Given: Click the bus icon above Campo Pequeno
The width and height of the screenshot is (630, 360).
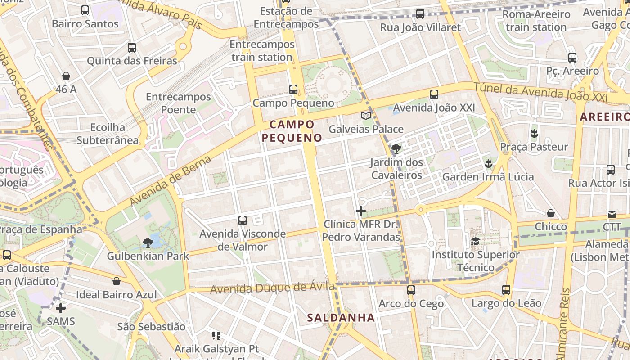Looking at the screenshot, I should [293, 90].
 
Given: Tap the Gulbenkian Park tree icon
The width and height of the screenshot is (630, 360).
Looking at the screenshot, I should [147, 243].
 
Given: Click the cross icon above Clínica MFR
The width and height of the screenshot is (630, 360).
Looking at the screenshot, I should [360, 211].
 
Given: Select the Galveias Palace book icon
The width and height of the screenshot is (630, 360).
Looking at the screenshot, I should [366, 116].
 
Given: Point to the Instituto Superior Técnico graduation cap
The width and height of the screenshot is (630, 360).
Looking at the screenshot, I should [475, 242].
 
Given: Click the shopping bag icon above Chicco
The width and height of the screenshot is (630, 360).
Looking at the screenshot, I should [551, 213].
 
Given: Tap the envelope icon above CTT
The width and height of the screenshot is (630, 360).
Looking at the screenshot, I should [612, 214].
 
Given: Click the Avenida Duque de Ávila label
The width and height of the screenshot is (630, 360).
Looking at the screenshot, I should [273, 288].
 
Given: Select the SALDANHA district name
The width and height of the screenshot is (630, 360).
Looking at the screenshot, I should [341, 318].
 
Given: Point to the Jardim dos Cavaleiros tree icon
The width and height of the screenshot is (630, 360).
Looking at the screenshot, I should [396, 148].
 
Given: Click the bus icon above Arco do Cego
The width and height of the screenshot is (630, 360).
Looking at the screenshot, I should [411, 290].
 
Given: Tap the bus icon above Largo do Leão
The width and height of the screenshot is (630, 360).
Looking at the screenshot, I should [506, 290].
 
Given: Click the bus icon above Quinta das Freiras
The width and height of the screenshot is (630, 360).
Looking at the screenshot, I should [132, 48].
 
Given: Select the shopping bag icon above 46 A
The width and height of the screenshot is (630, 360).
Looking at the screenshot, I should [66, 76].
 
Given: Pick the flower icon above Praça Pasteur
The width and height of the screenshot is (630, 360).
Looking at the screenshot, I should [534, 133].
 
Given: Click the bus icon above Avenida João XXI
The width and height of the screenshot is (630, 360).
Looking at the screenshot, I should [434, 94].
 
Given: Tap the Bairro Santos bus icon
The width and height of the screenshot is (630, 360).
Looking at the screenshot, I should [85, 10].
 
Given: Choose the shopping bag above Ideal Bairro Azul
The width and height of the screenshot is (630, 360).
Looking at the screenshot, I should [117, 282].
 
